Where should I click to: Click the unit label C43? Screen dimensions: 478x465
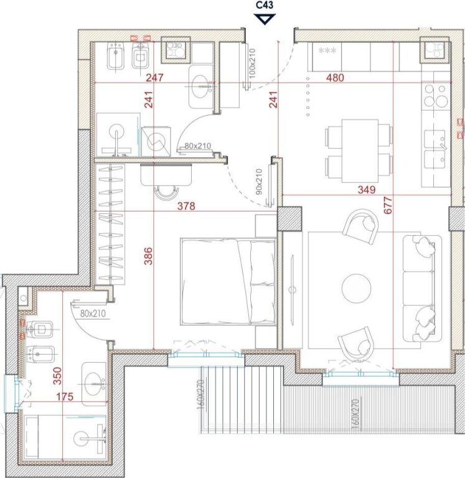[265, 6]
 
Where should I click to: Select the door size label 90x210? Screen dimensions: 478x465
[260, 181]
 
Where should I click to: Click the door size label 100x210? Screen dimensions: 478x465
[253, 62]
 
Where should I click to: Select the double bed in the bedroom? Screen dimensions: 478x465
[228, 281]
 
